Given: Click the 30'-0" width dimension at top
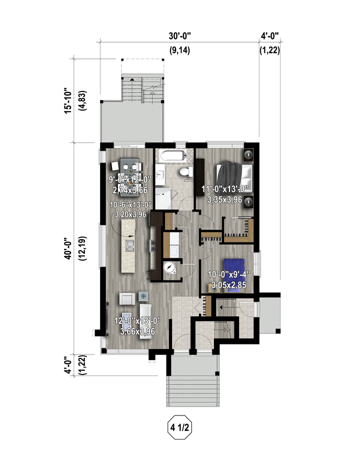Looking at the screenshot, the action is point(179,36).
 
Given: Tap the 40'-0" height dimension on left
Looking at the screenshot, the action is point(68,248).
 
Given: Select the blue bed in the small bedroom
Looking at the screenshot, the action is point(234,275).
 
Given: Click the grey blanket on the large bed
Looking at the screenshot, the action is point(229,176).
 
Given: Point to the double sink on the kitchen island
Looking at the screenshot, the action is point(130,245).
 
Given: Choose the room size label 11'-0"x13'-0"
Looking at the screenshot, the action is point(225,189).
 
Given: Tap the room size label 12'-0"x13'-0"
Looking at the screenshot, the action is point(137,320).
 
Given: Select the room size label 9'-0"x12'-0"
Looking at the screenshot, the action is point(130,179).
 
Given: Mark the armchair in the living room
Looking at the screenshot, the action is point(127,298).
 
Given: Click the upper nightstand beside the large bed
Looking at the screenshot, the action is point(248,154).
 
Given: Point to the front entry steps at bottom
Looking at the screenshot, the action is point(192,391).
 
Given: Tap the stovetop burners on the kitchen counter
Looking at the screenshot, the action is point(153,246).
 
